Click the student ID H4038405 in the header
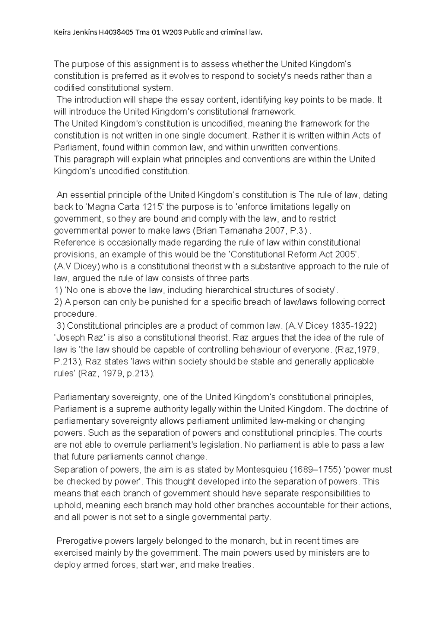[115, 32]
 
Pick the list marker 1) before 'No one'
[58, 290]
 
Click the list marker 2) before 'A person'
[58, 302]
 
